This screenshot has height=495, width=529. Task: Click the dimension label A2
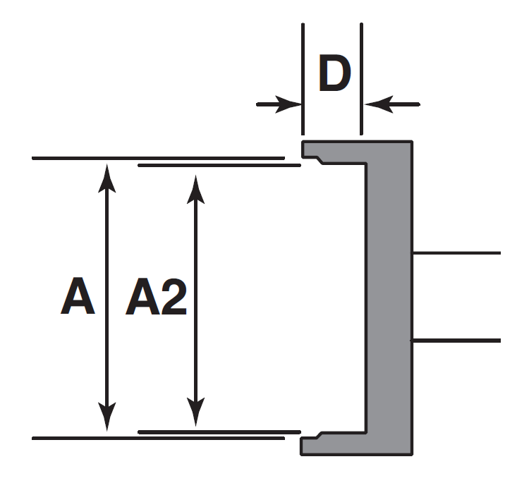(x=156, y=299)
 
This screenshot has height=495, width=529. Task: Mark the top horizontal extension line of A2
(x=219, y=165)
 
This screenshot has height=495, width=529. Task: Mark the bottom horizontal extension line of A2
(x=219, y=431)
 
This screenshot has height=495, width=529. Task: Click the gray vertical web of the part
(x=389, y=296)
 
